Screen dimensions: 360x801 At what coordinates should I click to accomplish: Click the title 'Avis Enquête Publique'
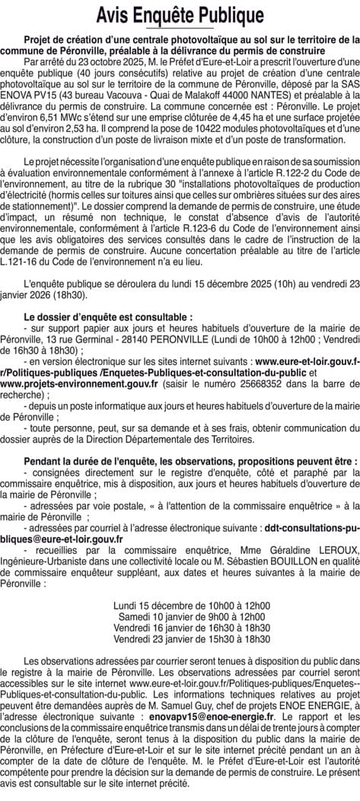[x=180, y=15]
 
